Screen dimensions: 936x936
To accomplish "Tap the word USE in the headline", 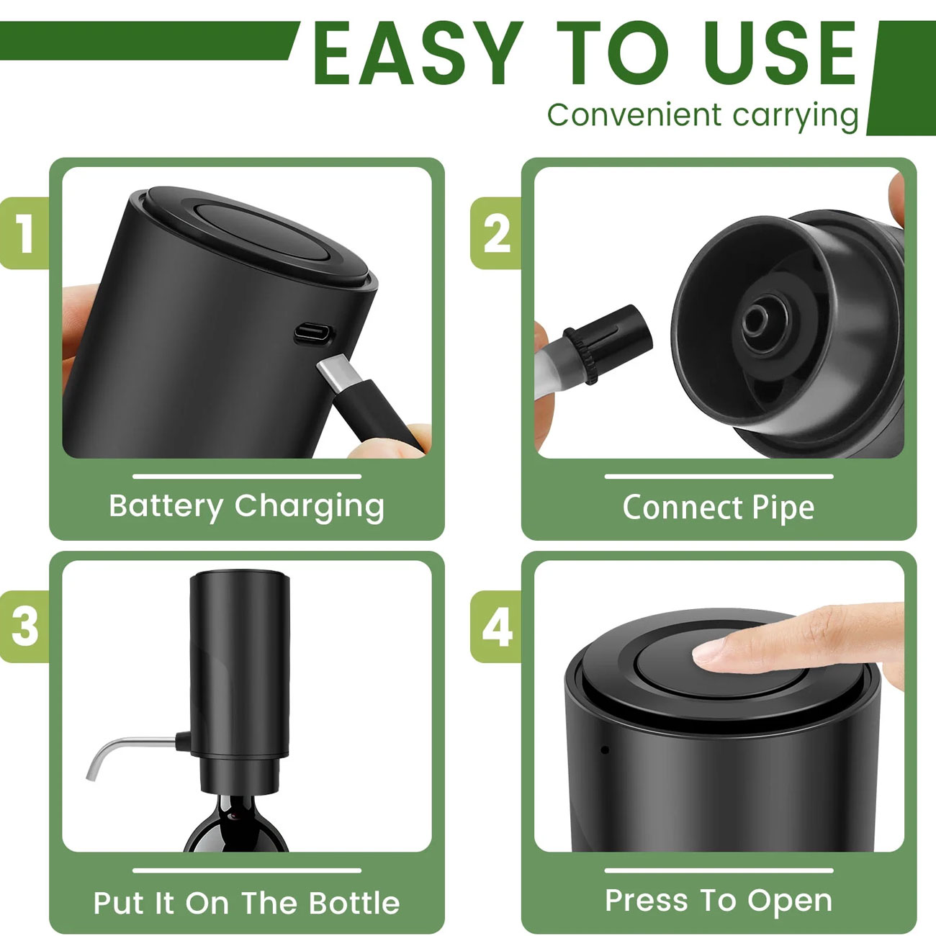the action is (x=781, y=53).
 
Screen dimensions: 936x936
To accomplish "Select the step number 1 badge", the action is (x=24, y=233).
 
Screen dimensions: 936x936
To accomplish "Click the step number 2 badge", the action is (x=496, y=233).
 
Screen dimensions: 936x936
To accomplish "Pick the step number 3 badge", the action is (x=24, y=626).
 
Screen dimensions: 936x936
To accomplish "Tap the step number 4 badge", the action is (x=496, y=626).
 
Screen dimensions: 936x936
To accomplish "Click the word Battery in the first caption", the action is (x=166, y=507).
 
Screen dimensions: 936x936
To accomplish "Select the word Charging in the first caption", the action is (x=309, y=507).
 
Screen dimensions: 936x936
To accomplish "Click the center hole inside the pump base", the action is (x=755, y=321).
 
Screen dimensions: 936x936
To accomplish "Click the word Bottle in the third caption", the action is (x=354, y=903).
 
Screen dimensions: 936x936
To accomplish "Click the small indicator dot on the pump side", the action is (x=605, y=750).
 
